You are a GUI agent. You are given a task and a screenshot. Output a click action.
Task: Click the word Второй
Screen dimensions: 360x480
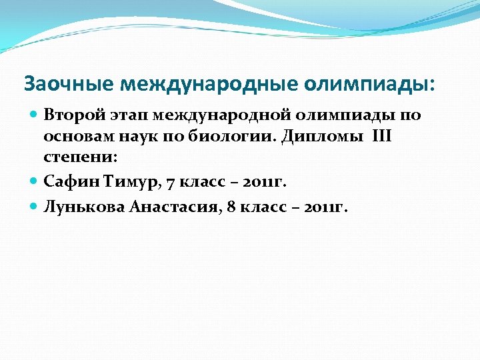point(69,115)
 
